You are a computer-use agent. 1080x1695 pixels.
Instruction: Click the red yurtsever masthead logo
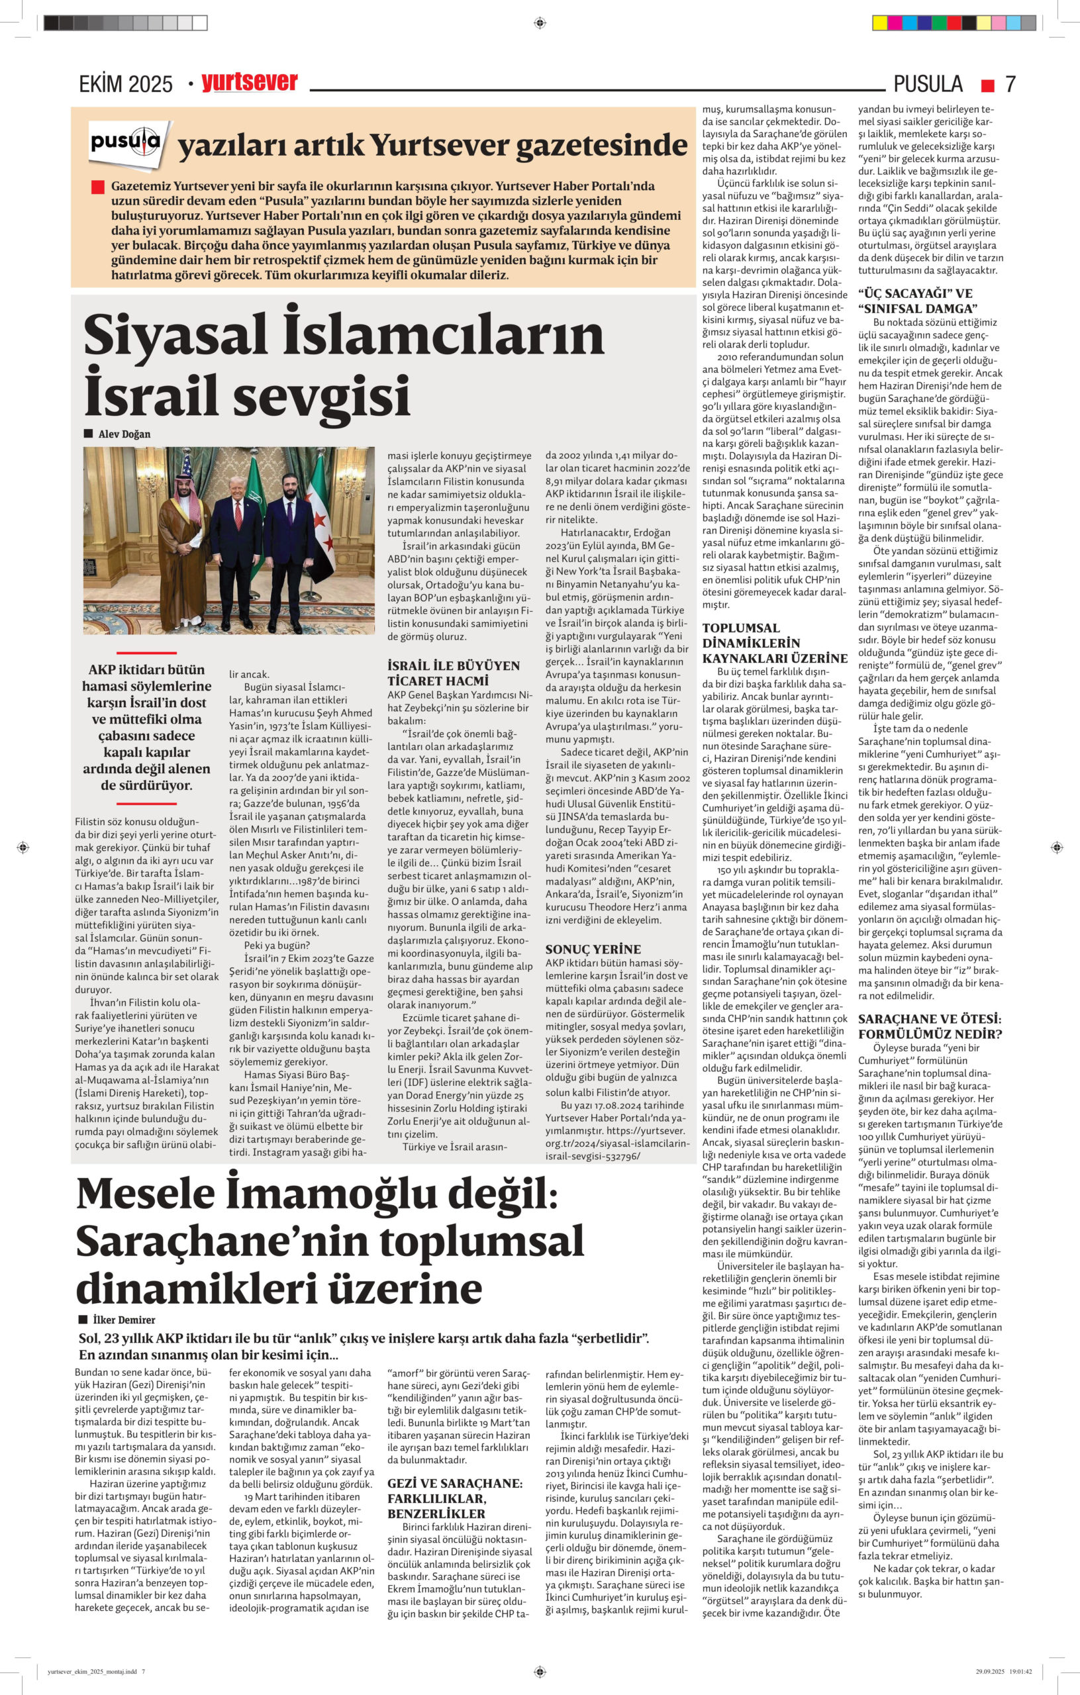click(249, 82)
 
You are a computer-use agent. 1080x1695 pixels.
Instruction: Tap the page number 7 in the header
click(1010, 84)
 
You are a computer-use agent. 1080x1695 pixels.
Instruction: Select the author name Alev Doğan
click(124, 434)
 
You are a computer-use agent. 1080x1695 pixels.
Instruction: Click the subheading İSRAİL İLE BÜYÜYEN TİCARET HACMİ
click(454, 673)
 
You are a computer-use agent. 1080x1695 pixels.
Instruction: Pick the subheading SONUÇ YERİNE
click(593, 949)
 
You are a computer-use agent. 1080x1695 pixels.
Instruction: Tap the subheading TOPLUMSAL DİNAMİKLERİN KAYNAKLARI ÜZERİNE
click(775, 644)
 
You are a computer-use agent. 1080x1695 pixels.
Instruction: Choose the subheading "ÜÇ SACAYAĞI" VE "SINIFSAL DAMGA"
click(917, 301)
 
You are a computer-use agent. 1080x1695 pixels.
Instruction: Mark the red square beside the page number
click(988, 85)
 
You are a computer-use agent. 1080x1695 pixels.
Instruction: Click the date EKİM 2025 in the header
click(125, 85)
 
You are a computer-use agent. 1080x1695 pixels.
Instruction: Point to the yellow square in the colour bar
click(879, 23)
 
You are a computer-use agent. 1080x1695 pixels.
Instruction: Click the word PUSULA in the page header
click(927, 84)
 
